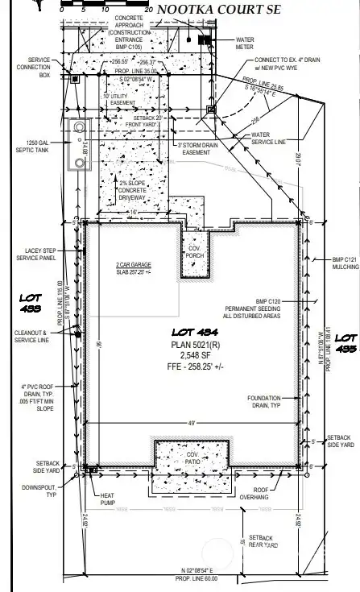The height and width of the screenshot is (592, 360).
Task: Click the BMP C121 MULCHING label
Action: point(346,264)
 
